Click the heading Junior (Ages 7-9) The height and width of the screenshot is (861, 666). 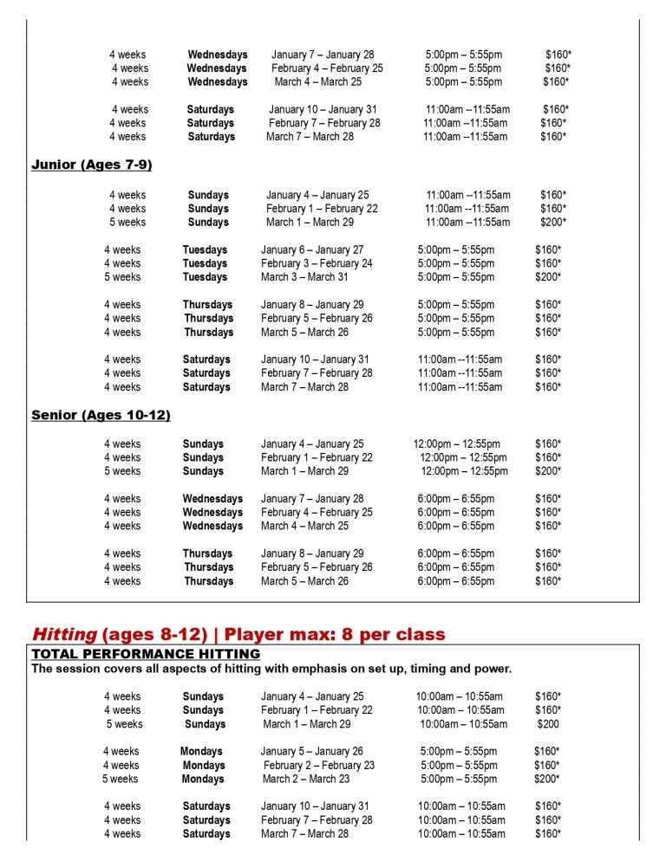92,165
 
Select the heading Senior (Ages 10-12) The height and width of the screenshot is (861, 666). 101,415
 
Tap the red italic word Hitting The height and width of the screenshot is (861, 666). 65,635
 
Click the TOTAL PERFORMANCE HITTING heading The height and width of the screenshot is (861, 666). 146,654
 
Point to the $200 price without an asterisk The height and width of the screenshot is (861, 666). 548,724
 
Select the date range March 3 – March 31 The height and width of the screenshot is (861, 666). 304,277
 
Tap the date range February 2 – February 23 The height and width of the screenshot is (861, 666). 319,766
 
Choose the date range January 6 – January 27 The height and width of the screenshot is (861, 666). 312,249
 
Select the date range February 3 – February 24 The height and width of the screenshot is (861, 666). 317,263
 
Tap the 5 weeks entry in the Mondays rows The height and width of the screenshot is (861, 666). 120,780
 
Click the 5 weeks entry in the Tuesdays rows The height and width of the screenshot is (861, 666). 122,277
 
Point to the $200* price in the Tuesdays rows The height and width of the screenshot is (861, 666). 548,277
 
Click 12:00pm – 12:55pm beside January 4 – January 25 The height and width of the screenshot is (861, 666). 456,443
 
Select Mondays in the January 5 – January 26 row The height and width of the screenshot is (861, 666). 201,752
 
